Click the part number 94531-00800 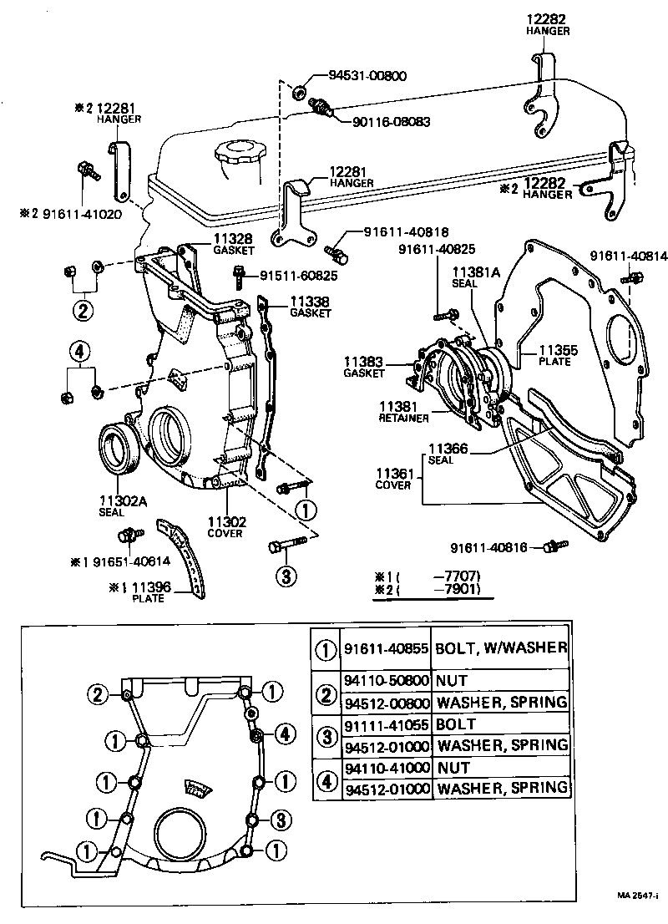click(367, 76)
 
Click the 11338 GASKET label click(311, 307)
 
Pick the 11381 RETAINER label click(404, 411)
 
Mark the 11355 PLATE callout click(554, 356)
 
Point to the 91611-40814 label click(629, 256)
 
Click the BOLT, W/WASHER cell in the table click(502, 647)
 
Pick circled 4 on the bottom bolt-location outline click(285, 734)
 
